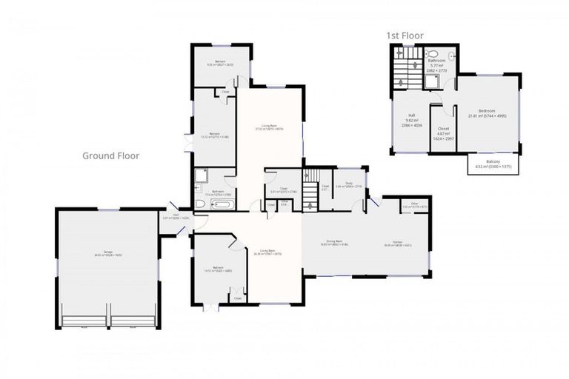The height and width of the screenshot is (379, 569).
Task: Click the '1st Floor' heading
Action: tap(405, 35)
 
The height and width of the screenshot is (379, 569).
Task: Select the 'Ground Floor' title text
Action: tap(110, 155)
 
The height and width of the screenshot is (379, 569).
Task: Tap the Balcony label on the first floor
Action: tap(493, 164)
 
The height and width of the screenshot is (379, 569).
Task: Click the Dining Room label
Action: tap(333, 242)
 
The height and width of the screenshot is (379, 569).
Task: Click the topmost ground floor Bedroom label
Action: tap(220, 63)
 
